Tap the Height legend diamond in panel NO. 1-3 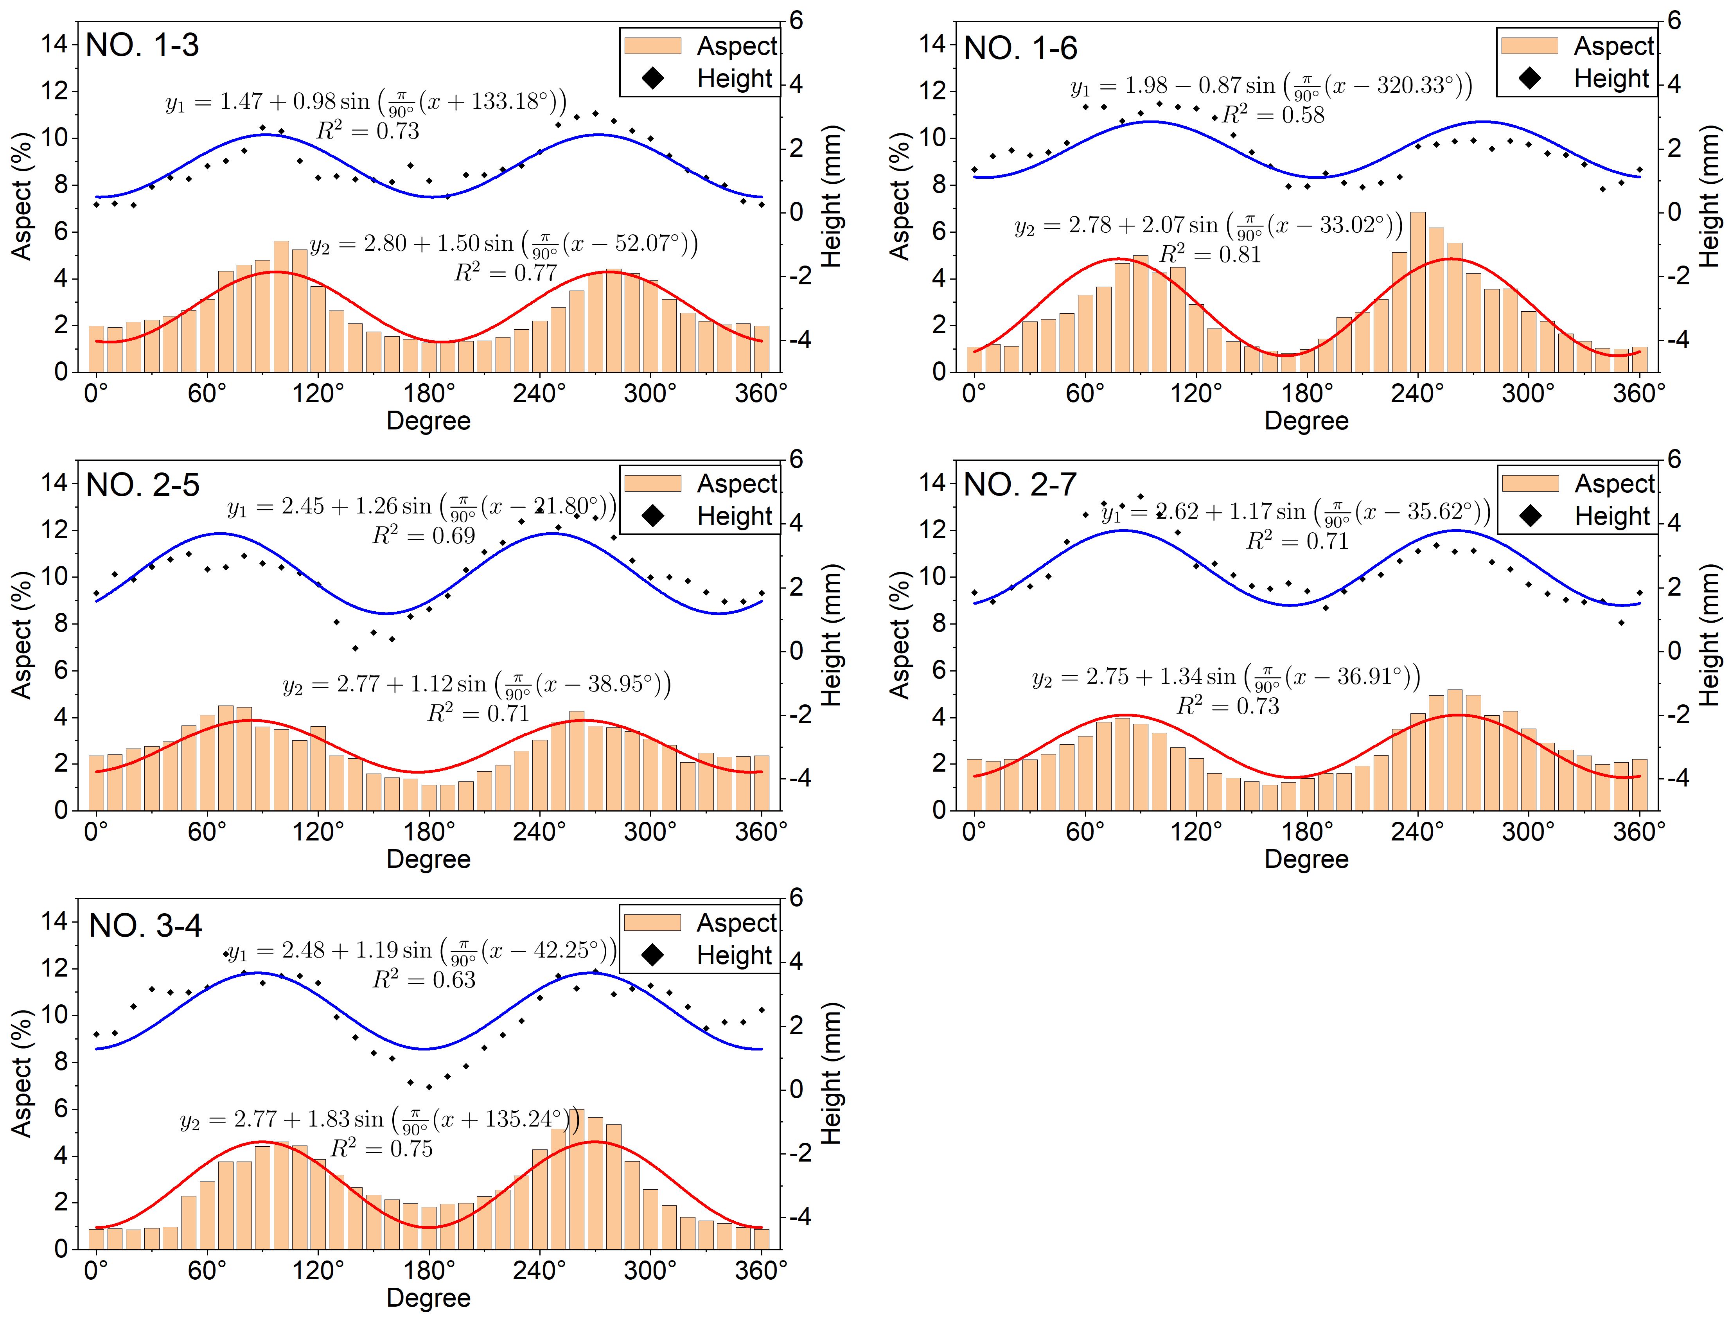click(x=653, y=79)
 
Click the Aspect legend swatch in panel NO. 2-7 click(x=1530, y=483)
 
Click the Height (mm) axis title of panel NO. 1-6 click(x=1709, y=196)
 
